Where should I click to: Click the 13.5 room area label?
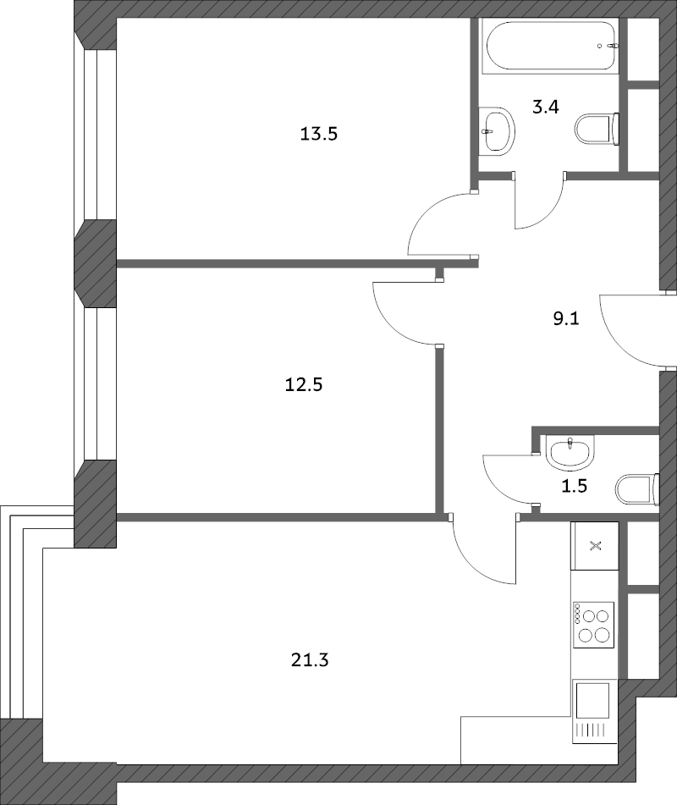point(319,133)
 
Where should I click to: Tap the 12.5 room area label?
point(305,385)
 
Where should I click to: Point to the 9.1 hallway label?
point(564,320)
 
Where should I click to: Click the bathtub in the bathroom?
point(550,47)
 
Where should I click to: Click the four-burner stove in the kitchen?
point(592,625)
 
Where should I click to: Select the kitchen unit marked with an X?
point(595,545)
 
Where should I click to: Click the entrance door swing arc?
point(628,330)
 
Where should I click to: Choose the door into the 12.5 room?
point(406,313)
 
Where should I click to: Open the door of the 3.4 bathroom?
point(539,203)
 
